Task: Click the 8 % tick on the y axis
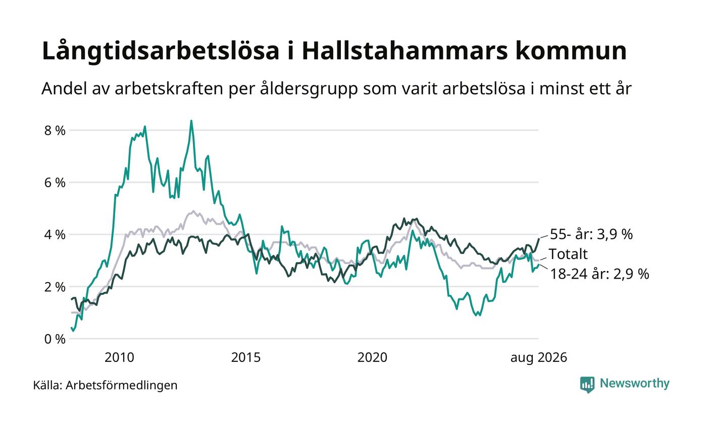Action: click(x=55, y=130)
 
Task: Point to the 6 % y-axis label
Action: click(x=55, y=183)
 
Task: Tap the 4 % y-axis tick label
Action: click(x=55, y=235)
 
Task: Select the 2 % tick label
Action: click(x=55, y=287)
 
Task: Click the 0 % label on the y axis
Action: click(x=55, y=339)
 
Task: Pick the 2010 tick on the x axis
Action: click(x=119, y=357)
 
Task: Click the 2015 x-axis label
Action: click(x=246, y=357)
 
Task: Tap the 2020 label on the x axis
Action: click(x=372, y=357)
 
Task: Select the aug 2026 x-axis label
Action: click(x=539, y=358)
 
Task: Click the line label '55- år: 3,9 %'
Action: click(x=591, y=234)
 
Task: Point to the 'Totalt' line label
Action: click(x=568, y=254)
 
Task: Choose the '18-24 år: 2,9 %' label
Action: click(x=599, y=274)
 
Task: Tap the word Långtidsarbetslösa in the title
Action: click(x=161, y=51)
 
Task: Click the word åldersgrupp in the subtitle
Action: click(x=309, y=89)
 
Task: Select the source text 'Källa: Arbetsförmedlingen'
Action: click(x=105, y=386)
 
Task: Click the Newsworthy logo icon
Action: click(x=587, y=384)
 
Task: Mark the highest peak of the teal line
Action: click(x=191, y=121)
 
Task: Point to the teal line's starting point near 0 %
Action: click(x=71, y=328)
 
